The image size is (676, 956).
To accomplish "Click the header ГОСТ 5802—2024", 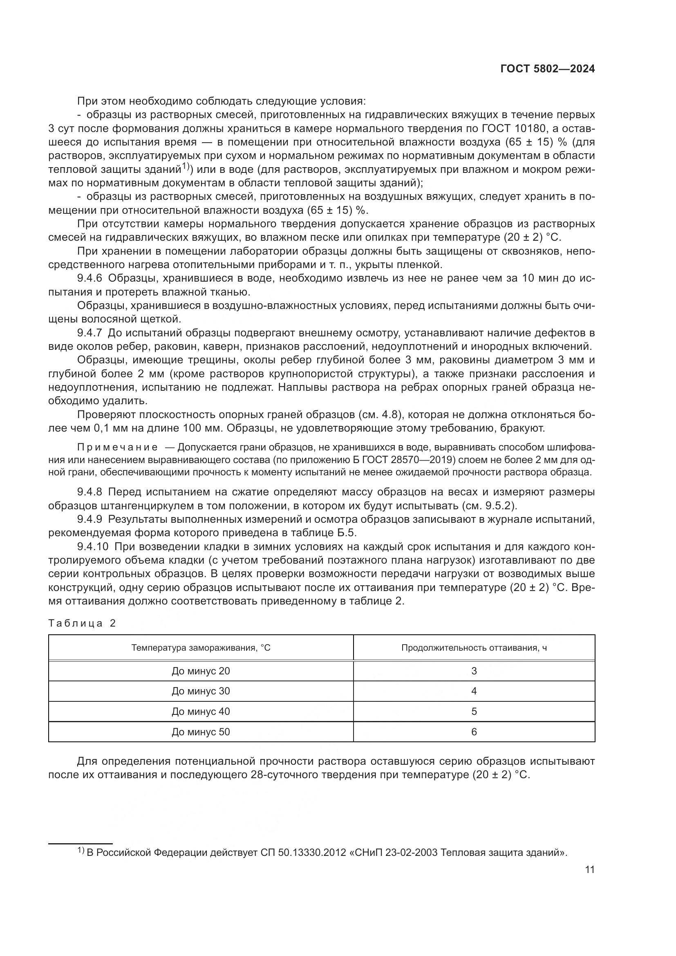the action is tap(547, 69).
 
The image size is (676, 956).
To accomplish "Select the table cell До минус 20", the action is tap(201, 671).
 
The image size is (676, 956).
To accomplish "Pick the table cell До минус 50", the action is tap(201, 732).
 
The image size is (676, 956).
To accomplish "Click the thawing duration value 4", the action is tap(474, 691).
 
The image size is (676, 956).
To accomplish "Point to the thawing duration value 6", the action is tap(474, 732).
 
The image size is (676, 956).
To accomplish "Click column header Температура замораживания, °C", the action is tap(201, 648).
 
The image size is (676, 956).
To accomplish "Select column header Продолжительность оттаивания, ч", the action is tap(474, 648).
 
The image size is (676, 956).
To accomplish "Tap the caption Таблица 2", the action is tap(82, 623).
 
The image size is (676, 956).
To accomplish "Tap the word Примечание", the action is tap(118, 447).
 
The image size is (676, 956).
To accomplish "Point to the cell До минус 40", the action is tap(201, 711).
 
